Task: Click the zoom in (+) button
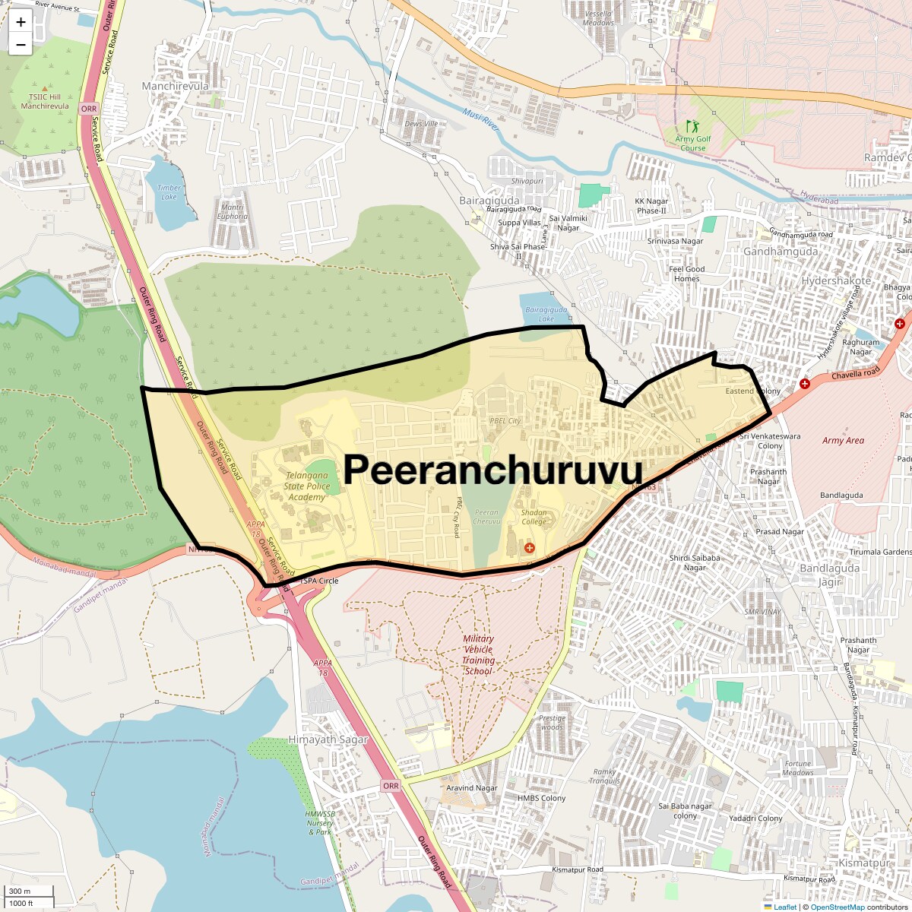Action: click(21, 22)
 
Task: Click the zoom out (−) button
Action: click(21, 45)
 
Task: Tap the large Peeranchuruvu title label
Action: click(492, 470)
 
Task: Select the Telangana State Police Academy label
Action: click(306, 486)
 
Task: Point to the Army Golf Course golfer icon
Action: click(691, 125)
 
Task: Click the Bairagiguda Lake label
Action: click(546, 314)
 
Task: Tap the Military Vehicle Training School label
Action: click(478, 655)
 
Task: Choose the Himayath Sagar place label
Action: click(328, 739)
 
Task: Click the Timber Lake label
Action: click(169, 192)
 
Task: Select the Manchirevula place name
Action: click(175, 87)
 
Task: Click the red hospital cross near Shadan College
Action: click(530, 547)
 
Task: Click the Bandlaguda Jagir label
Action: click(830, 575)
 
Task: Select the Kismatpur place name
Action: click(863, 863)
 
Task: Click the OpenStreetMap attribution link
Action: click(837, 907)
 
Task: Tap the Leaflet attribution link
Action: click(785, 907)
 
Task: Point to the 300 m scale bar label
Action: click(21, 891)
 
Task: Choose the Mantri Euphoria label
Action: click(233, 211)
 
